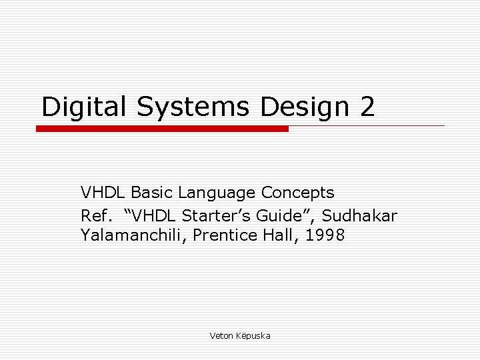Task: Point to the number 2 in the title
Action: (x=367, y=107)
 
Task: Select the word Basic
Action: (x=152, y=193)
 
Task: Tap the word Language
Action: (x=217, y=193)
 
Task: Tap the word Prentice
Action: (x=222, y=235)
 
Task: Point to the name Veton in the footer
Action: (x=221, y=336)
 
